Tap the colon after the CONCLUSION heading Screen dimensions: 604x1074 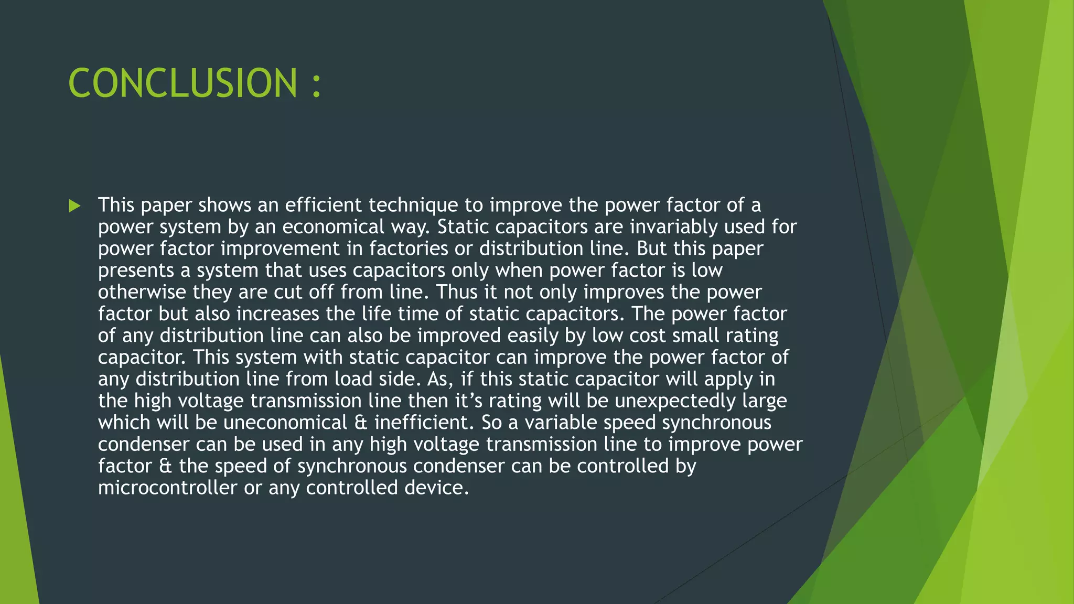316,85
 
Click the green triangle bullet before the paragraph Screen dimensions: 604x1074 74,206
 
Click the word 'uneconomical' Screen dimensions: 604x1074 285,423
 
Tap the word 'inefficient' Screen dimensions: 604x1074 420,423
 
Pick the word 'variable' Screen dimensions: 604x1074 561,423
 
